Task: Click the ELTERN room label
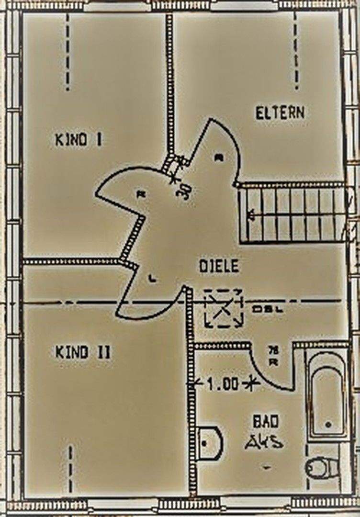(280, 113)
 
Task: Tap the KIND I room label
(79, 140)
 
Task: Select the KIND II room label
(83, 353)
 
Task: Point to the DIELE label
(219, 266)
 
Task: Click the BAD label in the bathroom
(266, 422)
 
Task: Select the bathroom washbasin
(210, 443)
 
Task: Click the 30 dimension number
(185, 193)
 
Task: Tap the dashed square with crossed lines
(223, 308)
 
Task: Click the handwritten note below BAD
(264, 443)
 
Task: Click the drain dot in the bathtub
(328, 424)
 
